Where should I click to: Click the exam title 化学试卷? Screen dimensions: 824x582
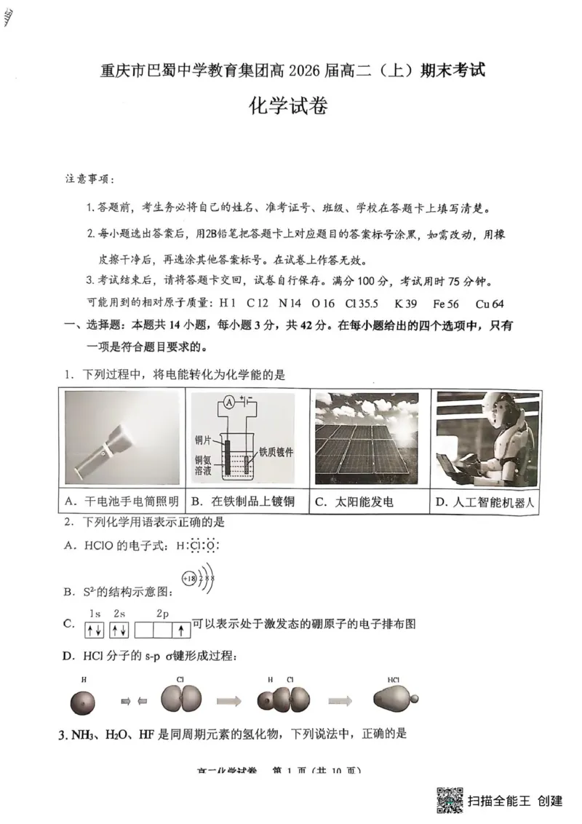(289, 106)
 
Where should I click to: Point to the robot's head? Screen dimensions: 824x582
(501, 416)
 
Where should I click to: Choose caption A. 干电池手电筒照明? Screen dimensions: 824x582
(121, 502)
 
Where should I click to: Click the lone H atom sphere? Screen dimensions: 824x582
(83, 702)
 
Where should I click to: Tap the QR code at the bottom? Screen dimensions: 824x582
(450, 800)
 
